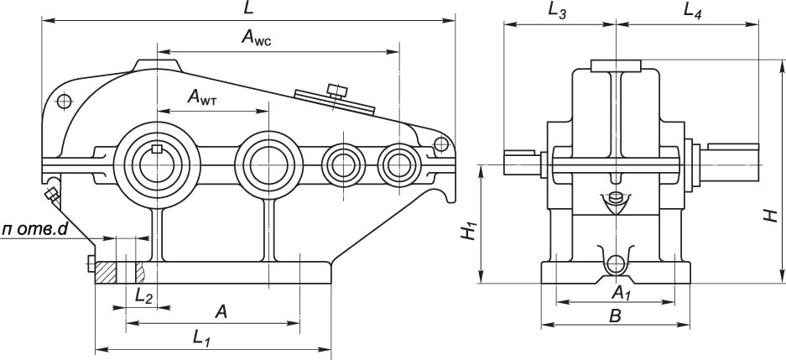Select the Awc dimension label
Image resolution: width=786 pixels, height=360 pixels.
pyautogui.click(x=259, y=38)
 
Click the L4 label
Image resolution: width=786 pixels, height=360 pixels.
pyautogui.click(x=693, y=10)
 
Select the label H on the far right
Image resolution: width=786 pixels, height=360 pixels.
pyautogui.click(x=770, y=215)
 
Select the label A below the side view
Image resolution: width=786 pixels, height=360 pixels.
pyautogui.click(x=221, y=312)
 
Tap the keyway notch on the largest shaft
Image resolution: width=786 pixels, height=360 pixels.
pyautogui.click(x=157, y=149)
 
